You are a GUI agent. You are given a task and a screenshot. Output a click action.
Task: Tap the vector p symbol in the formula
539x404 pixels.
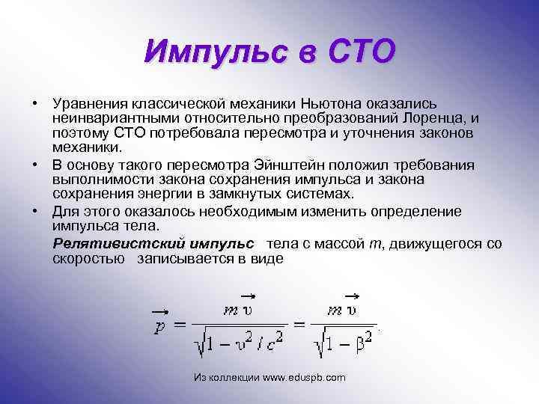159,326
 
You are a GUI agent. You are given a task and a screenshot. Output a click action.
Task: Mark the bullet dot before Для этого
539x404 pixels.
34,209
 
